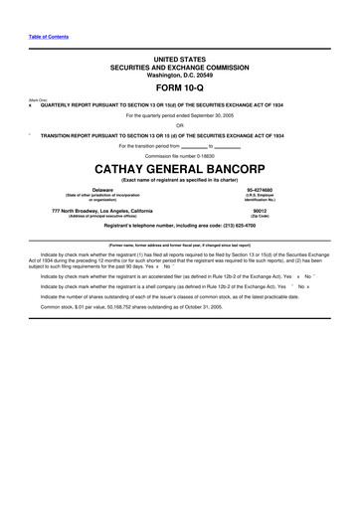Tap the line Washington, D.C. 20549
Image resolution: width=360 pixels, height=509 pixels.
pyautogui.click(x=179, y=74)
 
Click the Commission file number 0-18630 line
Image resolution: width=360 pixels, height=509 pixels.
pyautogui.click(x=180, y=155)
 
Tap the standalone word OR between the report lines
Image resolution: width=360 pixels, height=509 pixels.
pyautogui.click(x=180, y=125)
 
